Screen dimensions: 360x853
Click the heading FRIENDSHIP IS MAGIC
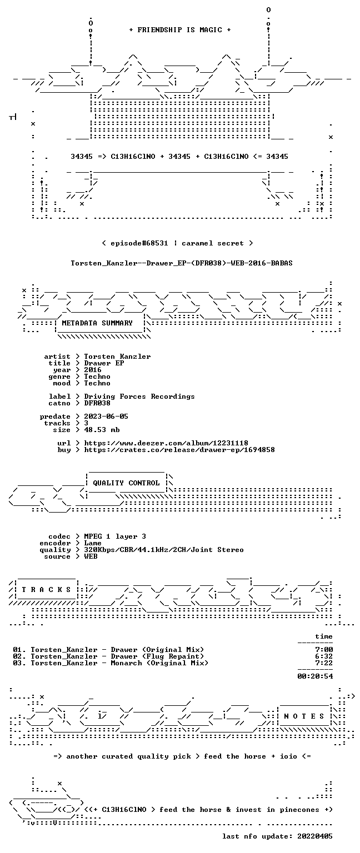tap(180, 30)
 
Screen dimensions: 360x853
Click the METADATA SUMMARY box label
tap(97, 323)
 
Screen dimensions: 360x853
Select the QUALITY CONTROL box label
tap(126, 483)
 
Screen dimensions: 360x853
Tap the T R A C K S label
tap(46, 590)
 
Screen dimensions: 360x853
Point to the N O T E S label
tap(304, 716)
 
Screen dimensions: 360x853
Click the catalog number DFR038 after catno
tap(97, 403)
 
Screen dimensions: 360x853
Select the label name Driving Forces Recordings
tap(139, 397)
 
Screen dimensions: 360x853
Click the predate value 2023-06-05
tap(106, 417)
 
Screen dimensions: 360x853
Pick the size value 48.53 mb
tap(102, 430)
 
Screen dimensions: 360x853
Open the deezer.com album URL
tap(166, 443)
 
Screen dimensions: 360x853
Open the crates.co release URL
tap(179, 450)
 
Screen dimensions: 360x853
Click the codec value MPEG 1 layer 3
tap(115, 536)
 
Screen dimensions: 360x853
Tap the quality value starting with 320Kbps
tap(164, 550)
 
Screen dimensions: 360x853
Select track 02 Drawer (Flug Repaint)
tap(108, 656)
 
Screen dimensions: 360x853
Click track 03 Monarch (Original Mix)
tap(111, 663)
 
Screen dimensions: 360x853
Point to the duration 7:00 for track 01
tap(324, 650)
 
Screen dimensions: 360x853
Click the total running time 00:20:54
tap(315, 676)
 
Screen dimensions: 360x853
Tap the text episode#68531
tap(139, 243)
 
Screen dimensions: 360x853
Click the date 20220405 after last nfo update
tap(315, 836)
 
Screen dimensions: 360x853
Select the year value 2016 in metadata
tap(93, 370)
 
